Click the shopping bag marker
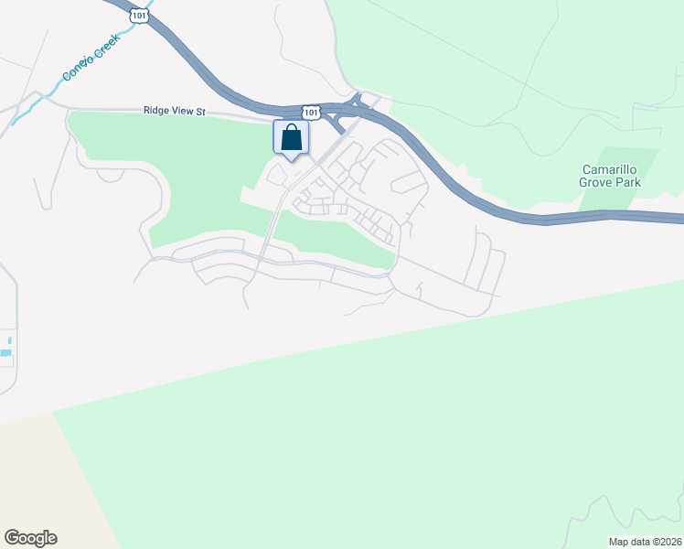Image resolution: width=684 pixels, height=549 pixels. point(291,138)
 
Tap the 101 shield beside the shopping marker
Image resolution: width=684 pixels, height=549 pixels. point(313,112)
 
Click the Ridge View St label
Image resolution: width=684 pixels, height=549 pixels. point(176,111)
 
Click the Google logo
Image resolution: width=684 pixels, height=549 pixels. point(30,538)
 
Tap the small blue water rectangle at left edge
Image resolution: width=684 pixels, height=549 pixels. point(5,352)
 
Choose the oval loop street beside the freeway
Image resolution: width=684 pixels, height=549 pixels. point(409,182)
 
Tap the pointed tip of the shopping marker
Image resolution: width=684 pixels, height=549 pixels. point(291,161)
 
